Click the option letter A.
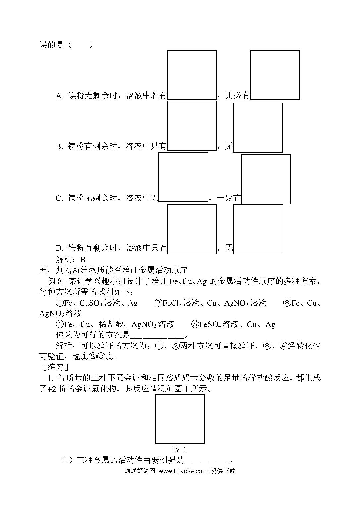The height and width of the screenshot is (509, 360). pos(59,96)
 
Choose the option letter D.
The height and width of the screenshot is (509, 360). pos(59,248)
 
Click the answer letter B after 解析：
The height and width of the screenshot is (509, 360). pos(83,260)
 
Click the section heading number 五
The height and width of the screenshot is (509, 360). pos(43,270)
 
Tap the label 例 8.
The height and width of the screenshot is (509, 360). pos(56,282)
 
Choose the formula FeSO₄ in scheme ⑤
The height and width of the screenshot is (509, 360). pos(210,324)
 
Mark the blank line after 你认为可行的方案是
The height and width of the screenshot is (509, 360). pos(157,337)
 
